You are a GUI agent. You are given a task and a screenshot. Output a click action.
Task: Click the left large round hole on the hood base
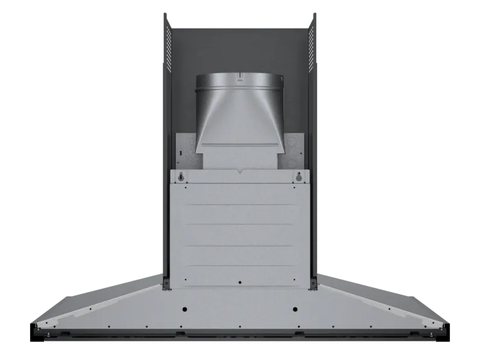tap(184, 310)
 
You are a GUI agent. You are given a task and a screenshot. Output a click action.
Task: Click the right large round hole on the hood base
tap(295, 310)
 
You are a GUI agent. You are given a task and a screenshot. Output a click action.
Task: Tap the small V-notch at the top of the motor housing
tap(240, 172)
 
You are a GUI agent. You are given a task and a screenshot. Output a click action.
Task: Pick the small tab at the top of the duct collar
tap(239, 76)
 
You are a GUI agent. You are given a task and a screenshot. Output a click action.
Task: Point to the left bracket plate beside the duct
tap(187, 150)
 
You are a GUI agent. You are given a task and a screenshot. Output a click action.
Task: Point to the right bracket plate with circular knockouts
tap(293, 150)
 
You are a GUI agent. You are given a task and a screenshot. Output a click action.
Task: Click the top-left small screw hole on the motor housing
tap(185, 187)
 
